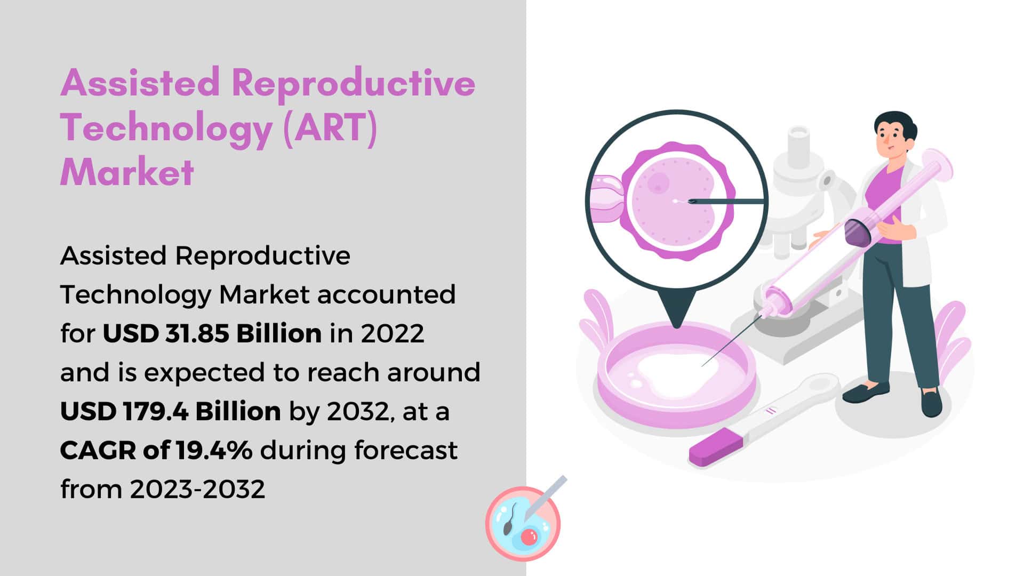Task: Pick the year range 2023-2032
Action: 197,489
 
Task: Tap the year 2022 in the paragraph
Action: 393,333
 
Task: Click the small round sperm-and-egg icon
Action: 524,523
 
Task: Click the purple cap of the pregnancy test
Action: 715,447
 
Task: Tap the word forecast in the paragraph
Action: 406,450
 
